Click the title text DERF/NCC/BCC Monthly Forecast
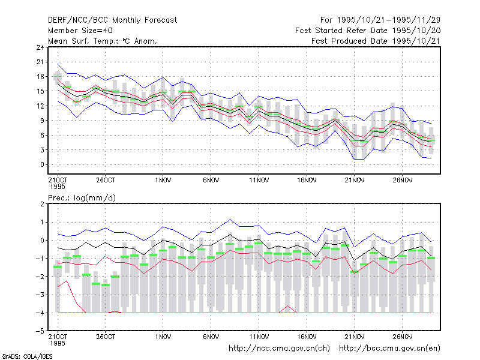(x=112, y=20)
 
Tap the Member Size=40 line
(x=80, y=31)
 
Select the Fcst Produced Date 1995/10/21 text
(x=376, y=41)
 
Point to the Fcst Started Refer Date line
(x=368, y=31)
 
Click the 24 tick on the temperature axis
(x=40, y=47)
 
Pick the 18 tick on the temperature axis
(x=40, y=77)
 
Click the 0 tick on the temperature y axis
(x=42, y=164)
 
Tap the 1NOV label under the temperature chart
(x=163, y=181)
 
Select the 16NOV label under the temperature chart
(x=307, y=181)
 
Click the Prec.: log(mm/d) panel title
(x=82, y=198)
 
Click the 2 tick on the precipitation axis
(x=42, y=204)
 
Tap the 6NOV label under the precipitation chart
(x=211, y=337)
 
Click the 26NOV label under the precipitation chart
(x=403, y=337)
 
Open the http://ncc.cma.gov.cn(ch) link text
(x=279, y=349)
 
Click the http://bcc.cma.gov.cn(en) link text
(x=389, y=349)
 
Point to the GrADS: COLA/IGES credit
(x=27, y=356)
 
